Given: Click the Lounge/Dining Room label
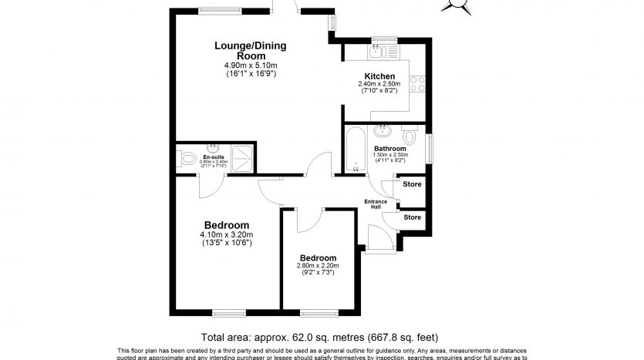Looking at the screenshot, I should tap(251, 51).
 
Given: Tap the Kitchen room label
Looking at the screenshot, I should tap(380, 76).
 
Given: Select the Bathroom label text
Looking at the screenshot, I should tap(390, 148).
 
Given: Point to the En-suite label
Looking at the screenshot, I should tap(214, 156).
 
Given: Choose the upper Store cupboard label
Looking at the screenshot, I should tap(413, 185).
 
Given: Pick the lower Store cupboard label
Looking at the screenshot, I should tap(413, 217).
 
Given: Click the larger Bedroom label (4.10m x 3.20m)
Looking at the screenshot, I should tap(227, 225).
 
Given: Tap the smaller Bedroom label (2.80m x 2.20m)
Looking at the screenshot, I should tap(318, 257).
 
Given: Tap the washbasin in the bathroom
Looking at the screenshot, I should tap(385, 130).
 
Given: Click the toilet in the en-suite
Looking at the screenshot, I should tap(187, 160).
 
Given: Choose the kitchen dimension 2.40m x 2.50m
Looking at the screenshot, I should tap(380, 85).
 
